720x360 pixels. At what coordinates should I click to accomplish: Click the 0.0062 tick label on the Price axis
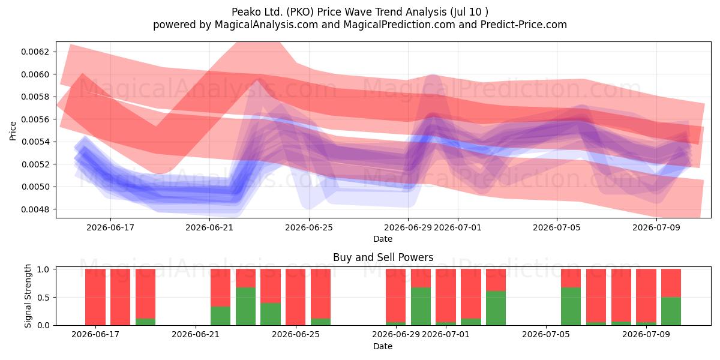coord(35,52)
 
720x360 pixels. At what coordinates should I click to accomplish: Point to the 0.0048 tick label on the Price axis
coord(35,209)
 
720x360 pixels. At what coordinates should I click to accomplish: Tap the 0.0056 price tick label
coord(35,119)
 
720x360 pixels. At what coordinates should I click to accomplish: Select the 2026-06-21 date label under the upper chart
coord(209,227)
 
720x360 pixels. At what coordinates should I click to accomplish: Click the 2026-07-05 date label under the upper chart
coord(557,227)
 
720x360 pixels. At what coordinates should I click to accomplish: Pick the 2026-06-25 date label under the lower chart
coord(296,334)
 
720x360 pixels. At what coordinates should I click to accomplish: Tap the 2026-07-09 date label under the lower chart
coord(646,334)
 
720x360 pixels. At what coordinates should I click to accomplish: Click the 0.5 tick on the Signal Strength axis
coord(43,298)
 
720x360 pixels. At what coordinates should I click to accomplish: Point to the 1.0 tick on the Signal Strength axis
coord(43,269)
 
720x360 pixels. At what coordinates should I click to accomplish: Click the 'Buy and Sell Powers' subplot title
coord(383,257)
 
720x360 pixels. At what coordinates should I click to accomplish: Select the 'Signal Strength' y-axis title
coord(28,296)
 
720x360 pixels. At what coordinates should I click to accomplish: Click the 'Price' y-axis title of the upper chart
coord(13,131)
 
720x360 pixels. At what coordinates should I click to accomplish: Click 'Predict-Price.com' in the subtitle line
coord(524,25)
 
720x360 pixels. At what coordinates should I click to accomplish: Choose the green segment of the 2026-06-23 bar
coord(245,306)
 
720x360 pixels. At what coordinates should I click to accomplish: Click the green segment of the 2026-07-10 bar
coord(671,311)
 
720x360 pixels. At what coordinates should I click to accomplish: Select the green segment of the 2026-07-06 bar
coord(571,306)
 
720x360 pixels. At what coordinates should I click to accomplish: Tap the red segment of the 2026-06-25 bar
coord(295,297)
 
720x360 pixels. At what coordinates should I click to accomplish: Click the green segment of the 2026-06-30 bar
coord(421,306)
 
